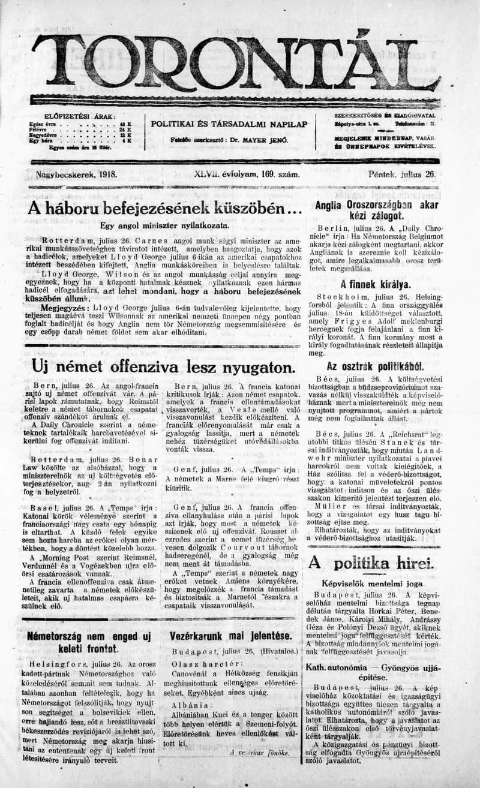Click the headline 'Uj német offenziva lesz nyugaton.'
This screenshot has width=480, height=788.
(155, 366)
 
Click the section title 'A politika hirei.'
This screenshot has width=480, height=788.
(370, 563)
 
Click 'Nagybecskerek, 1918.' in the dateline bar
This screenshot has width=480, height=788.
(76, 174)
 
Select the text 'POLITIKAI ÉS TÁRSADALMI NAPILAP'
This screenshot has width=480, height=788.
(229, 124)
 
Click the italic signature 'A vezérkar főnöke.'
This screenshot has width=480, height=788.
(259, 752)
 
